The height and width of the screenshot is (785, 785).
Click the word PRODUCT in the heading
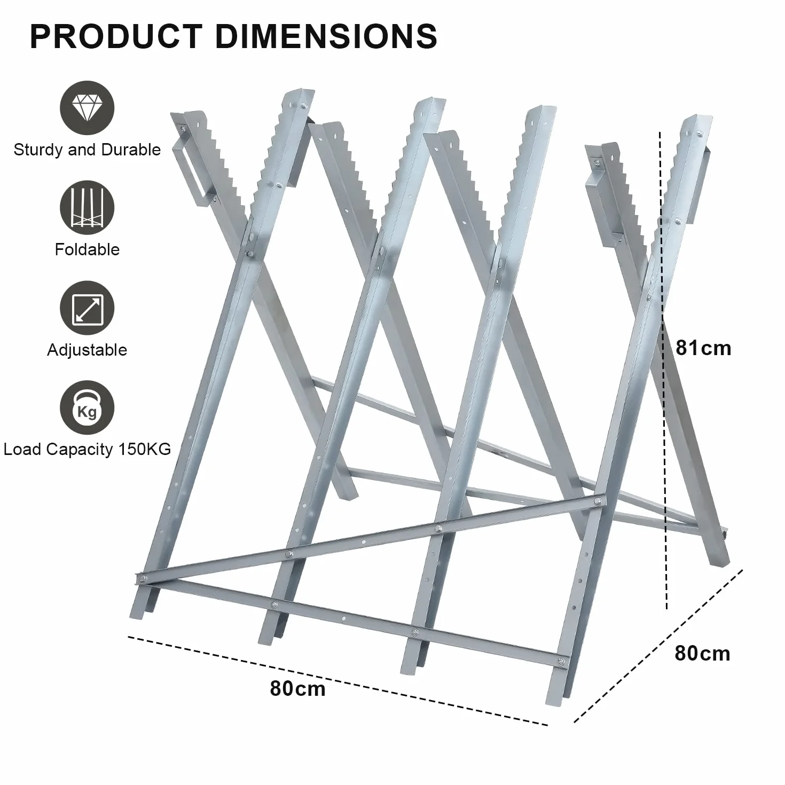(x=116, y=36)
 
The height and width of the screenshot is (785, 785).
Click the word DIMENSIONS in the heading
(x=326, y=36)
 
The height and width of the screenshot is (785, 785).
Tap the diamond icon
(x=87, y=107)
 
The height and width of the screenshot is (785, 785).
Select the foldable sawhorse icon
(x=87, y=207)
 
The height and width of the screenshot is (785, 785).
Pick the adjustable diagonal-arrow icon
(x=87, y=308)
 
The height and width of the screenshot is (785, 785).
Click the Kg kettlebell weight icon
(x=87, y=407)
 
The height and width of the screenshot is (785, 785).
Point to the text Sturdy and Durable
(x=87, y=150)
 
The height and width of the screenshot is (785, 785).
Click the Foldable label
(x=87, y=249)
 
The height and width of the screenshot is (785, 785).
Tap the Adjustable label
(x=87, y=350)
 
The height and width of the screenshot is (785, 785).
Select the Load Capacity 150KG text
(x=87, y=449)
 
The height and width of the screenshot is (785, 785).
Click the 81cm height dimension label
(x=703, y=348)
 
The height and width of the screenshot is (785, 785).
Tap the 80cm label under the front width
(x=297, y=688)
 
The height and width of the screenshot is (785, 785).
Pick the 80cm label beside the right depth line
(x=702, y=653)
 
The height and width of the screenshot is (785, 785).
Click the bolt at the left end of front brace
(x=142, y=577)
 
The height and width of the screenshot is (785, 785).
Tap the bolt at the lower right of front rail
(x=561, y=661)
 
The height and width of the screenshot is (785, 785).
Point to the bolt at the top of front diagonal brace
(x=598, y=501)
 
